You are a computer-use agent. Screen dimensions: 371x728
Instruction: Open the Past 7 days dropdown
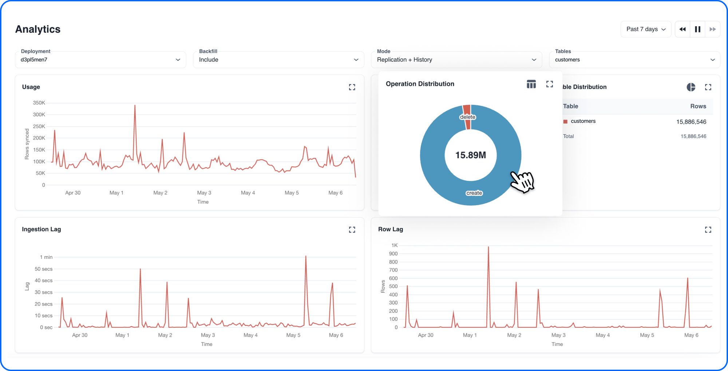[646, 29]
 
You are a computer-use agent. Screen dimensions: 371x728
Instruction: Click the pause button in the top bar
[697, 29]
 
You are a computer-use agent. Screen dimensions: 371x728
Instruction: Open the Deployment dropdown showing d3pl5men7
[100, 60]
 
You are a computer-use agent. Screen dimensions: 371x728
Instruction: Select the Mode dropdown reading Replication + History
[456, 60]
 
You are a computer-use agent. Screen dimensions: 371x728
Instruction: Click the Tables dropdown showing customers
[634, 60]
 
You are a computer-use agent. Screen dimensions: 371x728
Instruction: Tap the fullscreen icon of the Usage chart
[352, 87]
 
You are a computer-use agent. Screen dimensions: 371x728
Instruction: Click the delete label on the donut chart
[467, 117]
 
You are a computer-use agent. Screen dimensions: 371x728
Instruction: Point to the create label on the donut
[474, 193]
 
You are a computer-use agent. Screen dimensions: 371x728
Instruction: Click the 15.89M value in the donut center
[470, 155]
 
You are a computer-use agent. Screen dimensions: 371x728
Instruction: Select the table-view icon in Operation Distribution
[531, 84]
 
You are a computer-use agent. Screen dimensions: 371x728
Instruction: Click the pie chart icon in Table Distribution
[691, 87]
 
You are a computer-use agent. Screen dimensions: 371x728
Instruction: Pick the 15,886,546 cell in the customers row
[691, 122]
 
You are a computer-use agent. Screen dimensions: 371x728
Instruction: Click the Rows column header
[698, 106]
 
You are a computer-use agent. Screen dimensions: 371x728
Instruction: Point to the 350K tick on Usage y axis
[39, 103]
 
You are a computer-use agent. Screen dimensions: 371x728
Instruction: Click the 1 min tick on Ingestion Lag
[46, 257]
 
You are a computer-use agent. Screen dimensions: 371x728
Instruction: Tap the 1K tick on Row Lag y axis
[395, 246]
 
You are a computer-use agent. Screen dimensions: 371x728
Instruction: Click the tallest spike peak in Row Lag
[488, 247]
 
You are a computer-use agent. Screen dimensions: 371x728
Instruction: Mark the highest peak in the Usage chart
[135, 105]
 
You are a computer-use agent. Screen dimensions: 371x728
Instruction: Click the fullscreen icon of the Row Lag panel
[708, 230]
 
